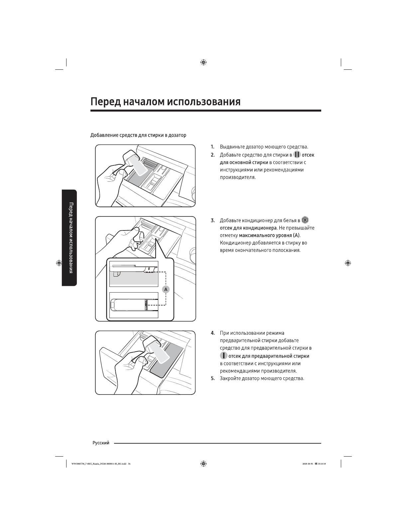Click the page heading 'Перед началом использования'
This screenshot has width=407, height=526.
[x=165, y=102]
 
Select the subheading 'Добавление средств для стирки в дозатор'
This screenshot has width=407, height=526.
[x=138, y=135]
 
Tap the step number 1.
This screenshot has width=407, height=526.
[x=212, y=147]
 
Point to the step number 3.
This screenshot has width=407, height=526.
[x=212, y=220]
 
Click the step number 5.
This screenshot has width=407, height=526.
[x=212, y=379]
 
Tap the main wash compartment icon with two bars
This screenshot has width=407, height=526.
[x=297, y=155]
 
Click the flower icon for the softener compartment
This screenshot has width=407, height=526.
[x=305, y=220]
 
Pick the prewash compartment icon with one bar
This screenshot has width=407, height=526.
[x=223, y=356]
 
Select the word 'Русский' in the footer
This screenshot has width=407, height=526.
[x=101, y=443]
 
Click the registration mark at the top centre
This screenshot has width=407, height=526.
[x=203, y=62]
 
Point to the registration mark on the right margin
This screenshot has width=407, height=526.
[x=348, y=263]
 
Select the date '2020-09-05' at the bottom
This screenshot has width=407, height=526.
[x=308, y=464]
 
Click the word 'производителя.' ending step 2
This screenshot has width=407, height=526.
[x=238, y=177]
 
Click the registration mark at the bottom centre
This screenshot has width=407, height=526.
[x=203, y=464]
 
